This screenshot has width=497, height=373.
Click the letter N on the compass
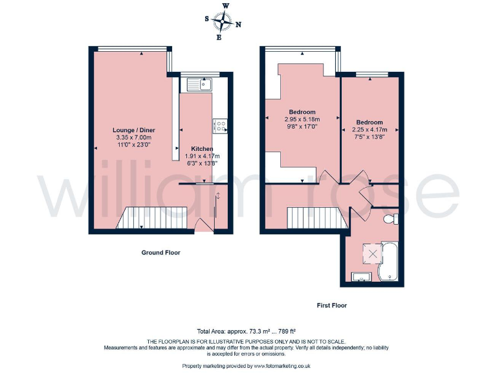coord(238,25)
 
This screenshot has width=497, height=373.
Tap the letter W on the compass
coord(225,6)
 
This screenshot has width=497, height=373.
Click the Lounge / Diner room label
coord(134,130)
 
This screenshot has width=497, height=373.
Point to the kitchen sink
coord(199,84)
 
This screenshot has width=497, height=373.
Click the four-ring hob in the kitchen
coord(220,126)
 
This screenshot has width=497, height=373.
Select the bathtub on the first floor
coord(388,262)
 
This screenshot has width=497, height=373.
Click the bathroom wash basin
coord(360,278)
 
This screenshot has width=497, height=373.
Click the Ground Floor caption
coord(160,253)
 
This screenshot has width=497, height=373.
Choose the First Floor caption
coord(333,304)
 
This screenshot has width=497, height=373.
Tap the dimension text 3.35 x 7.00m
coord(133,138)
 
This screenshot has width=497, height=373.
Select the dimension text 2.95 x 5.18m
coord(302,120)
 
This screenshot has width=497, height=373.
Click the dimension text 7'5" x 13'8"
coord(369,137)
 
